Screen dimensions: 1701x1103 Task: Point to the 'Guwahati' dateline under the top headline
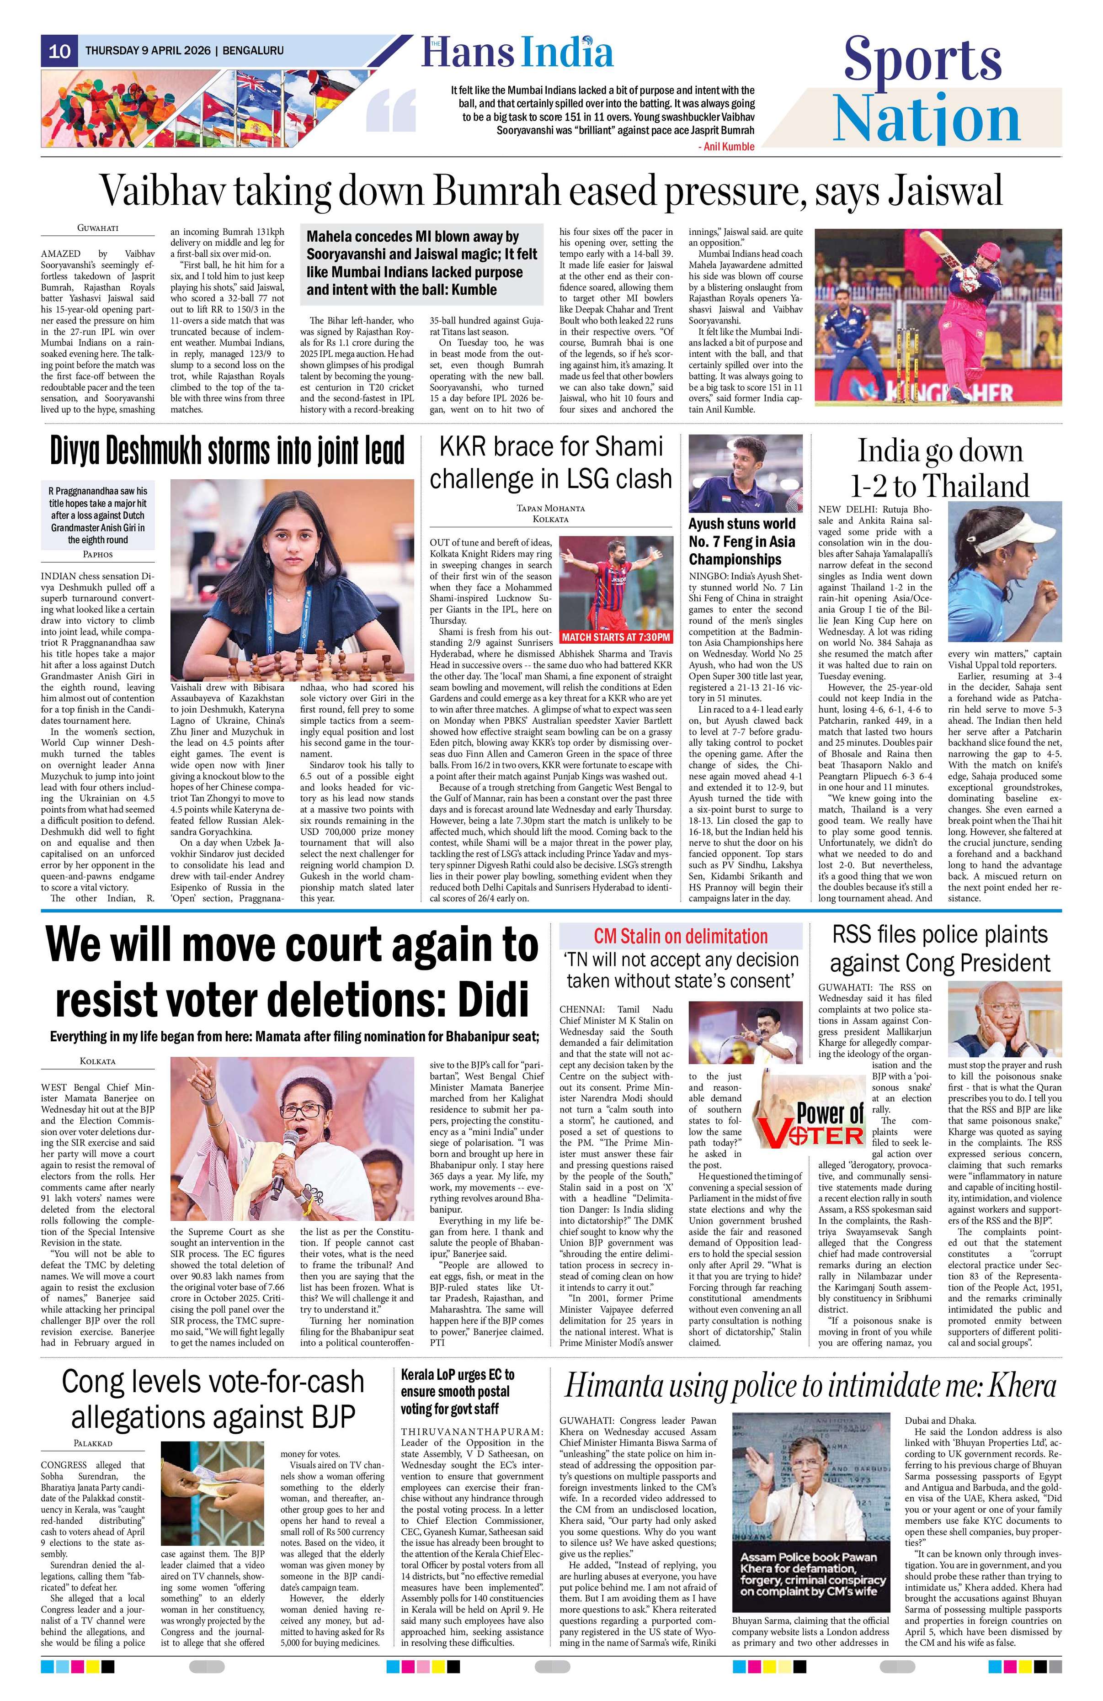coord(98,228)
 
